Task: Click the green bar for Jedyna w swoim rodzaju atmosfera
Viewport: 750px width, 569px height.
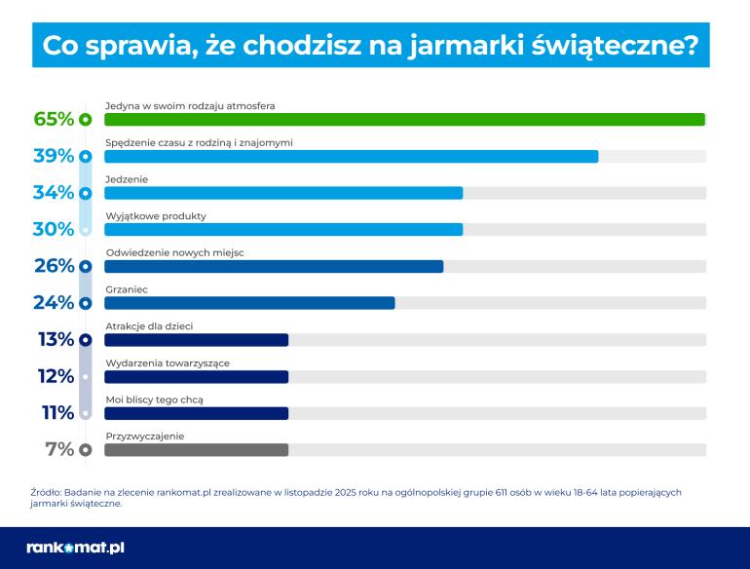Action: click(x=403, y=120)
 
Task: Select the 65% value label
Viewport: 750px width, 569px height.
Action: click(x=54, y=120)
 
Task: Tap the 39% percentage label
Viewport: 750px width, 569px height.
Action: click(x=54, y=156)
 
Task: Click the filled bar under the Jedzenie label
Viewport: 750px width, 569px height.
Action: click(x=282, y=193)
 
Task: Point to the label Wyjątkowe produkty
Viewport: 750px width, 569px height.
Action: click(x=155, y=215)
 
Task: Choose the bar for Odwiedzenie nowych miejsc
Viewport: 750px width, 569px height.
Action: click(x=273, y=266)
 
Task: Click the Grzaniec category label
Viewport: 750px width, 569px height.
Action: click(x=125, y=289)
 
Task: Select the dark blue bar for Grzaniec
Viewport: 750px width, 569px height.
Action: click(x=248, y=303)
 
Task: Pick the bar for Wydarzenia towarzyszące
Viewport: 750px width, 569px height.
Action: click(x=196, y=377)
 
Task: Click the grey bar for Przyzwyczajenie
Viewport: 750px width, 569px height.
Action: click(x=196, y=450)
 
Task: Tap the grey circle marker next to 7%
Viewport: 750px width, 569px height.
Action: click(x=85, y=450)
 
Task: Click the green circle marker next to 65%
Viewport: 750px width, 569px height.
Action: click(x=85, y=120)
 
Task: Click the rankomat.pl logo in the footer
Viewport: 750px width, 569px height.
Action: click(x=75, y=548)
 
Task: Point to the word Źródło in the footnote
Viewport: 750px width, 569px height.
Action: click(x=46, y=492)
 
